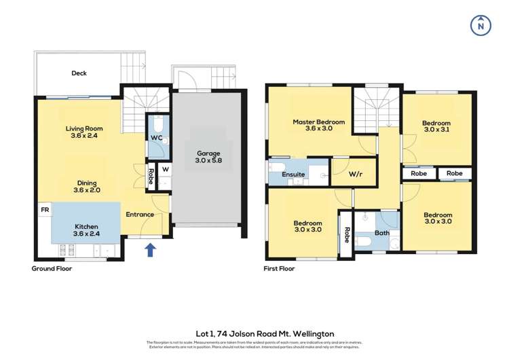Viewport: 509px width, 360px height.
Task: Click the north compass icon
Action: (480, 24)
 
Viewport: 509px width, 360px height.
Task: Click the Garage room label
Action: (208, 158)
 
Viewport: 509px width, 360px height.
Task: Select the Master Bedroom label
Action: (318, 126)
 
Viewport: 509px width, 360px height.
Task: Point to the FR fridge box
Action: (45, 211)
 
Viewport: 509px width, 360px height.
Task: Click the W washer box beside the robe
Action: (165, 169)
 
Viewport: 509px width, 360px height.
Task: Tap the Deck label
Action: (79, 73)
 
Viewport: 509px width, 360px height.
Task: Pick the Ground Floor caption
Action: (52, 268)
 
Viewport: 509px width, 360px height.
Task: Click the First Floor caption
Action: (279, 268)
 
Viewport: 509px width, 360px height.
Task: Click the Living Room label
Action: (83, 132)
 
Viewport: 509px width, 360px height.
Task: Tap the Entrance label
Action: (139, 215)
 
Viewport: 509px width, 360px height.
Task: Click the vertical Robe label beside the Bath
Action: (346, 235)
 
